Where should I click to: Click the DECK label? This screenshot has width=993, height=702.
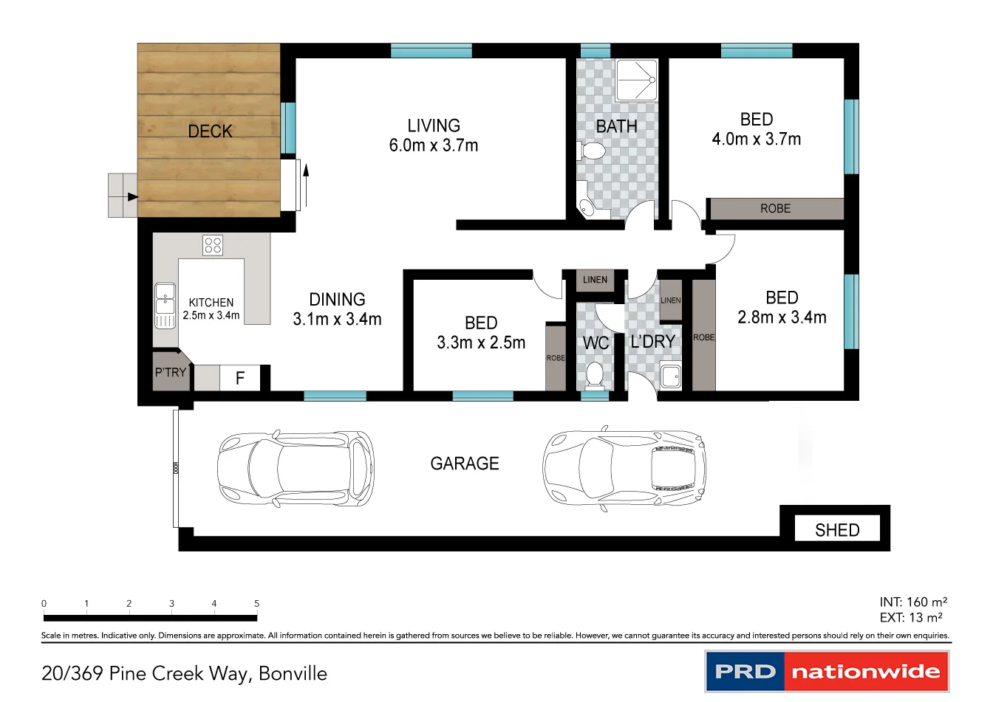coord(210,131)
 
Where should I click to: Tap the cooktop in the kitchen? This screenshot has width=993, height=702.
coord(213,245)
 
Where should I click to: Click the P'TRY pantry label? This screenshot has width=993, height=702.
coord(170,373)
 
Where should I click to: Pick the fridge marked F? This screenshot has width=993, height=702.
coord(240,378)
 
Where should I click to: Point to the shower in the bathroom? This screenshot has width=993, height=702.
coord(636,80)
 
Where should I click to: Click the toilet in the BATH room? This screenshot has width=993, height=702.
coord(592,152)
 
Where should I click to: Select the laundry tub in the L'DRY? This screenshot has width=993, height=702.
coord(671,376)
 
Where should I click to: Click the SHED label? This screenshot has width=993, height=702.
coord(837,530)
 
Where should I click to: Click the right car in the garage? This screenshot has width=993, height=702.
coord(625,467)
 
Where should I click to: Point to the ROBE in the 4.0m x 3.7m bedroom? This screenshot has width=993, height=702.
coord(775,209)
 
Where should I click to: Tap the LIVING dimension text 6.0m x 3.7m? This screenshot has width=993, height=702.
coord(434,145)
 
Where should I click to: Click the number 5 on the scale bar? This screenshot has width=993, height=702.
coord(256,603)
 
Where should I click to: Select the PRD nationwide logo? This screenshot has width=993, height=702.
coord(827,671)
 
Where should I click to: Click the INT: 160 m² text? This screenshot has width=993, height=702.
coord(912,602)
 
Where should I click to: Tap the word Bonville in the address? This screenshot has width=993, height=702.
coord(293,673)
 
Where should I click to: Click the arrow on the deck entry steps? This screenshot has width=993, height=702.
coord(132,196)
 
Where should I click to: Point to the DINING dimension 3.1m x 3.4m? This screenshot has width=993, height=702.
coord(337,320)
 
